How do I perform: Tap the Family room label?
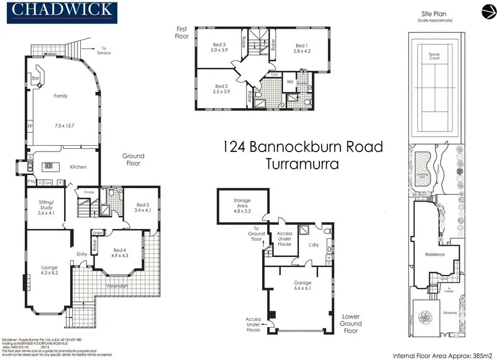pyautogui.click(x=61, y=96)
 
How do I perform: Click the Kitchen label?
pyautogui.click(x=78, y=167)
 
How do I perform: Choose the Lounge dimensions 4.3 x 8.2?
pyautogui.click(x=49, y=272)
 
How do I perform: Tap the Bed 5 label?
pyautogui.click(x=143, y=205)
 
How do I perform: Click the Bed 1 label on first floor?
pyautogui.click(x=301, y=46)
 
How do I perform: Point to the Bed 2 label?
pyautogui.click(x=222, y=86)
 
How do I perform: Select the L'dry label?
pyautogui.click(x=314, y=245)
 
